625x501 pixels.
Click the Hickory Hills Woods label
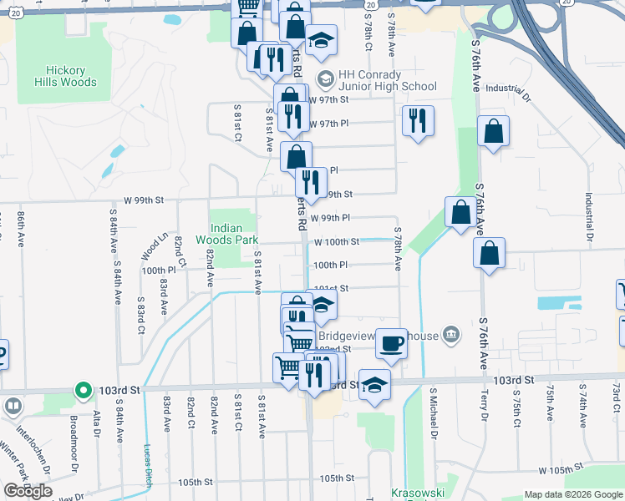tap(66, 76)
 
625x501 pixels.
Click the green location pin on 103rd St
tap(83, 389)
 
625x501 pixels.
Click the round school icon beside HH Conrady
tap(324, 80)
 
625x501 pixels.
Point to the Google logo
tap(28, 491)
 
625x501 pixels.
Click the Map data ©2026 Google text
tap(573, 494)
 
